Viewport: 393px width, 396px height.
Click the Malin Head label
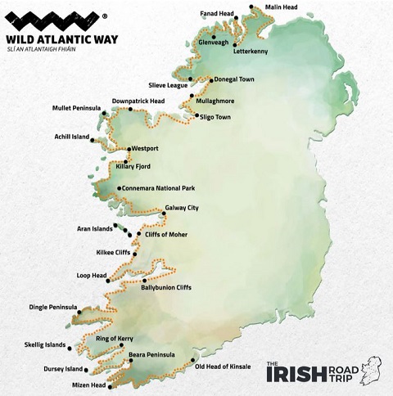[281, 7]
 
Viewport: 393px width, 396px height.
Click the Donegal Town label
[237, 80]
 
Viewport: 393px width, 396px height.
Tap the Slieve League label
[168, 84]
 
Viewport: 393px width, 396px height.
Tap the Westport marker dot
[129, 149]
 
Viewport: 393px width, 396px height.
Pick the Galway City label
[182, 208]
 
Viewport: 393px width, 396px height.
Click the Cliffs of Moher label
[166, 235]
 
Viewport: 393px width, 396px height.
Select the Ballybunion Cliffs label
[169, 288]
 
